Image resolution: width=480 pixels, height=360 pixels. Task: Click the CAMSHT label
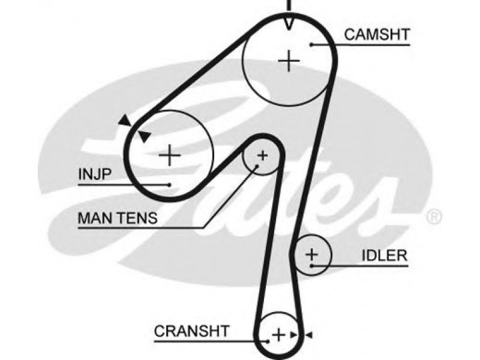377,34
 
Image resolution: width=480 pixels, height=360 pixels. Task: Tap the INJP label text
95,174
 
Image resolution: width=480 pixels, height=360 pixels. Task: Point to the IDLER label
385,256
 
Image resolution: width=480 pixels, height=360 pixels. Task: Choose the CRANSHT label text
191,331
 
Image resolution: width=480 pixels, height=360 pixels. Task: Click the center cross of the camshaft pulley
289,61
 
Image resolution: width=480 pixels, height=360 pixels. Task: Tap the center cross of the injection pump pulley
170,155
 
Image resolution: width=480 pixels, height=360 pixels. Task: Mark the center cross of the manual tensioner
263,156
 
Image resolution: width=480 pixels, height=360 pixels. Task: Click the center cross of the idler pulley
312,254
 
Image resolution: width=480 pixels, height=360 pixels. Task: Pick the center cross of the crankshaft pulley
278,335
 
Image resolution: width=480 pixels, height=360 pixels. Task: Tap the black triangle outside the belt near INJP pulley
125,120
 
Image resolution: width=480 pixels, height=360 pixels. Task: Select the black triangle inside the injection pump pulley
144,136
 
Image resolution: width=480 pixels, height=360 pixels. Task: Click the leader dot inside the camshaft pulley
311,44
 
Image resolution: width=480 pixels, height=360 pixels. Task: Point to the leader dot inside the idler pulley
311,265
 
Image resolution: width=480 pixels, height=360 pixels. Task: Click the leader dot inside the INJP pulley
169,185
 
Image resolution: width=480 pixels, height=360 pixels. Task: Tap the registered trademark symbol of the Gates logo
434,217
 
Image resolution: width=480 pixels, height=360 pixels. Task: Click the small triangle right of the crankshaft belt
309,335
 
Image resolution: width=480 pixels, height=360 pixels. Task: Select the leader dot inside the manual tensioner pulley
257,166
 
